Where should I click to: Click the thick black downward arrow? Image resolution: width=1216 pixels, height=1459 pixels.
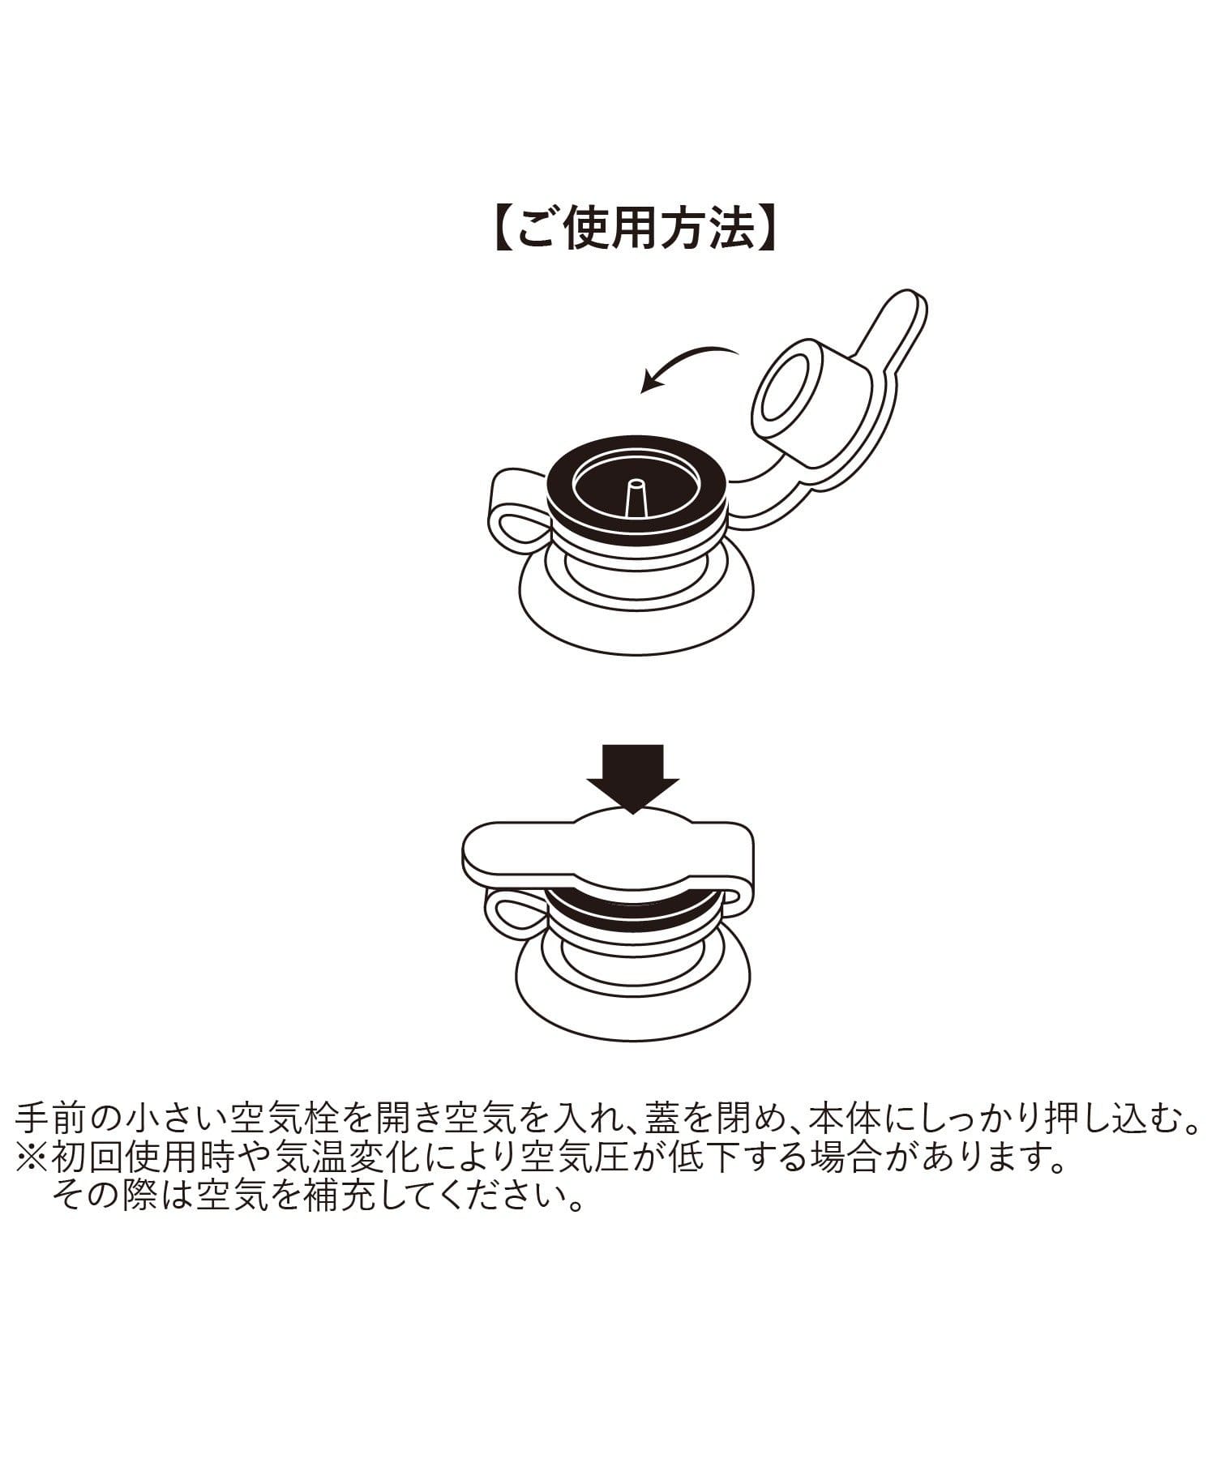[632, 779]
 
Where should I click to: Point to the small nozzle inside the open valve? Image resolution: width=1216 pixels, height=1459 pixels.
[636, 497]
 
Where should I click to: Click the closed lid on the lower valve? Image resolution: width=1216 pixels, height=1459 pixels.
[608, 849]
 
